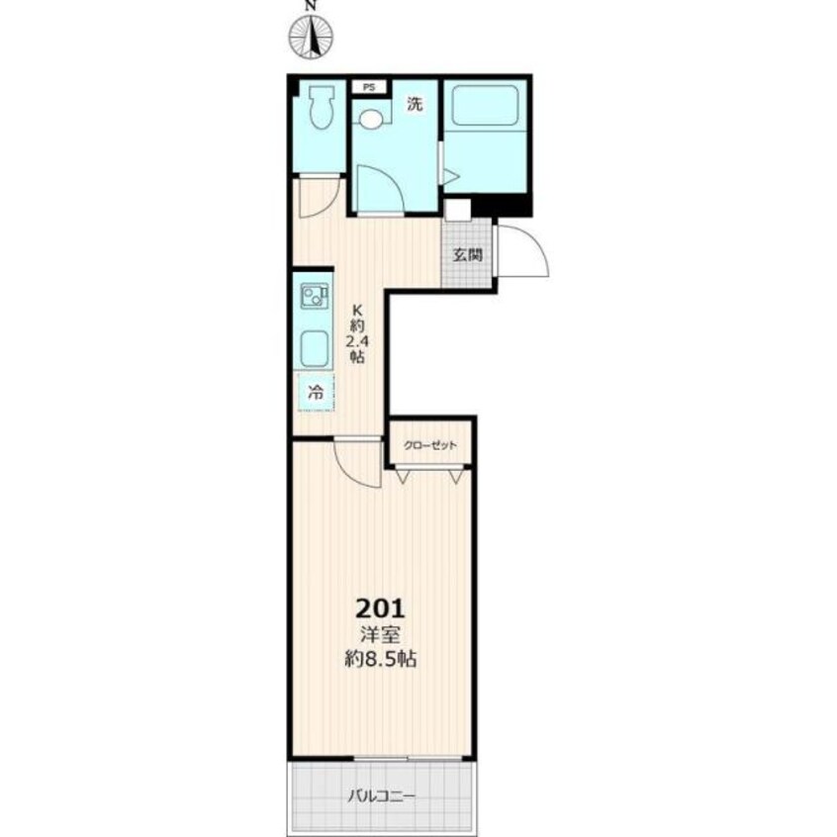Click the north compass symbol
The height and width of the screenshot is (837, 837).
click(x=311, y=37)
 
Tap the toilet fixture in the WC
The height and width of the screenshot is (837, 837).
click(x=322, y=107)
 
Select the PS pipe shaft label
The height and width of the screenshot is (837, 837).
click(x=369, y=87)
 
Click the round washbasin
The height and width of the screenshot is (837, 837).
click(x=370, y=119)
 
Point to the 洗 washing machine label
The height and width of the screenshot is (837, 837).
click(x=415, y=104)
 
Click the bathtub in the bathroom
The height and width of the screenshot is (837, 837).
click(x=486, y=105)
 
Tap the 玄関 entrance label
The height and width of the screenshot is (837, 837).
click(x=468, y=254)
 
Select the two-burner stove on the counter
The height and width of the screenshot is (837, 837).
click(x=315, y=296)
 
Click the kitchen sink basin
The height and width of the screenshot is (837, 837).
click(x=315, y=347)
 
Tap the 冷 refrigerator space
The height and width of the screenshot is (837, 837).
click(x=316, y=393)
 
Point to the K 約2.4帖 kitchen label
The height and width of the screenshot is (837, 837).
click(x=357, y=333)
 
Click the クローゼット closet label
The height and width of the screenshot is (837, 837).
click(x=430, y=445)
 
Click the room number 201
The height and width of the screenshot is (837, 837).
click(x=381, y=608)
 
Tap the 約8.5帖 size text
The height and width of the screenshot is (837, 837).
click(x=380, y=659)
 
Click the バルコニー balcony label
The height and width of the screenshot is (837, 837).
click(x=381, y=797)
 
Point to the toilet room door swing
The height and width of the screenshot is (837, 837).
click(x=320, y=198)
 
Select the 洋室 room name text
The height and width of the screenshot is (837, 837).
click(x=381, y=635)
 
